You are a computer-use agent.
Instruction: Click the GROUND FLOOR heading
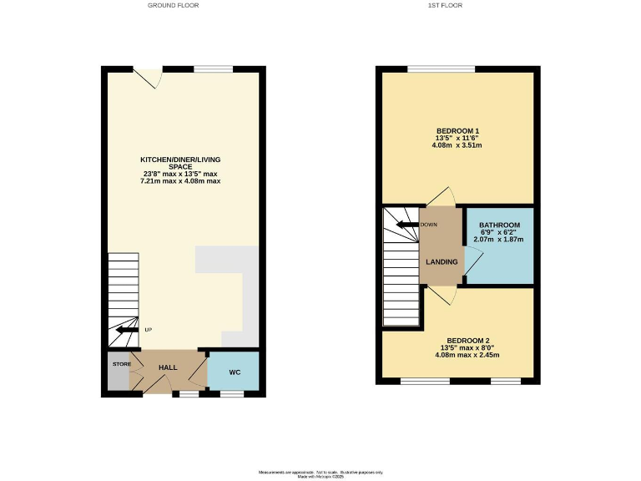click(x=173, y=5)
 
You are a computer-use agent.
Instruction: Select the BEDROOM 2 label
click(x=467, y=340)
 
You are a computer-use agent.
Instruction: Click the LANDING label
click(x=442, y=262)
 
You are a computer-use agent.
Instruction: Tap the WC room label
click(x=235, y=372)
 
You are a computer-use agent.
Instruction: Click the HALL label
click(x=168, y=367)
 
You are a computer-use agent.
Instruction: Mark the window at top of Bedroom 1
click(x=441, y=68)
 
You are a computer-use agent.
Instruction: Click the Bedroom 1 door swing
click(x=440, y=197)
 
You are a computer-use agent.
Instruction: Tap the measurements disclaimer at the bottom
click(x=320, y=472)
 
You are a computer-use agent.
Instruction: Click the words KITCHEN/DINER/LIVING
click(x=181, y=159)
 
